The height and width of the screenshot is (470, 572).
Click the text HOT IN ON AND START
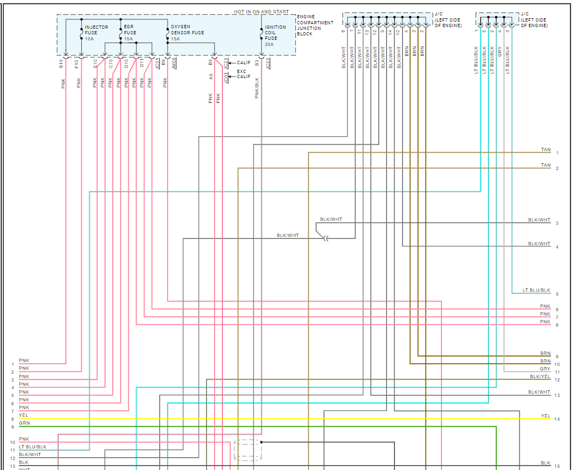261,12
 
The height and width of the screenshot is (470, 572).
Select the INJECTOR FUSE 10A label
96,33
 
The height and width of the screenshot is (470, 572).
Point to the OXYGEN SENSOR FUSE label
187,30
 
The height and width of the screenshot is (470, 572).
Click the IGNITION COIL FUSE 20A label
275,33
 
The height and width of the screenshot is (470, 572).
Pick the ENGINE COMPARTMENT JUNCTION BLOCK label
315,25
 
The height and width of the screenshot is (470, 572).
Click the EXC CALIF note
243,74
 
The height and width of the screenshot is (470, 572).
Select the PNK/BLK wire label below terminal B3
257,87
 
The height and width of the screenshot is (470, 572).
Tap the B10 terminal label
61,64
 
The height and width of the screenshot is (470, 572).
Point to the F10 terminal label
77,64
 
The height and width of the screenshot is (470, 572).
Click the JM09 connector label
174,64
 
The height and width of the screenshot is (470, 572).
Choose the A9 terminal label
211,76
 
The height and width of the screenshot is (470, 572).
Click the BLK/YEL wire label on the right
540,376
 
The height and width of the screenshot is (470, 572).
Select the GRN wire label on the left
24,423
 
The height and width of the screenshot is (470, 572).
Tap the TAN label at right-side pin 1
545,150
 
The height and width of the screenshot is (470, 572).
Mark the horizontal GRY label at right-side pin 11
545,369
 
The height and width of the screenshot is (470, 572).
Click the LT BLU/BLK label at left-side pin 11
33,447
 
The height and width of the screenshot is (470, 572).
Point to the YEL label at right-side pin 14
545,416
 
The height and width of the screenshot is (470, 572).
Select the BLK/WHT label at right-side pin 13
539,392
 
